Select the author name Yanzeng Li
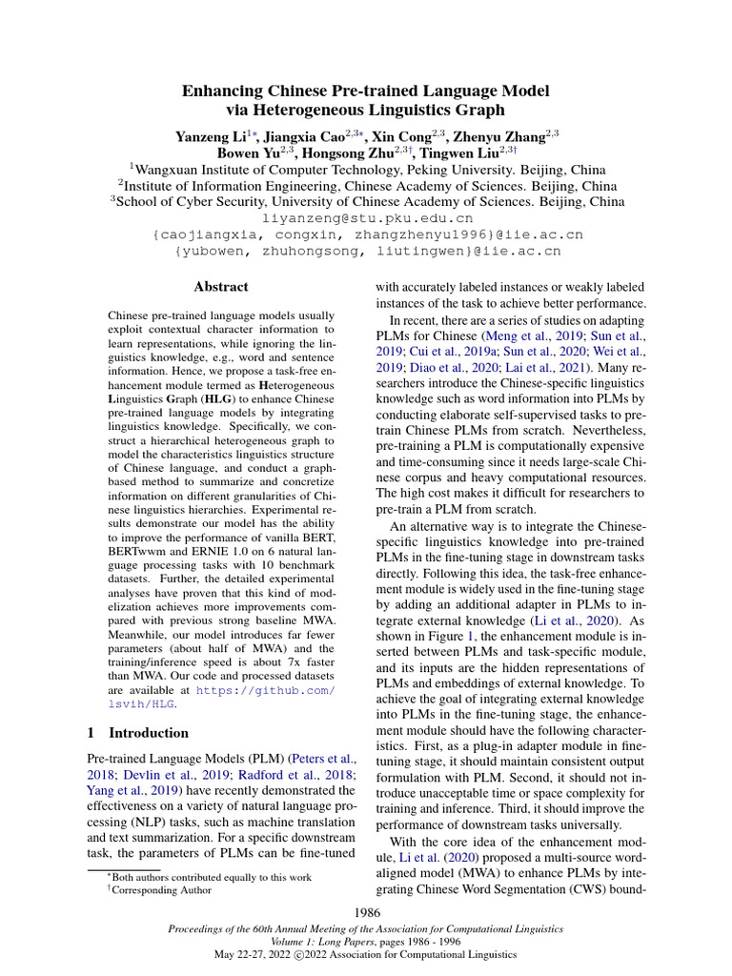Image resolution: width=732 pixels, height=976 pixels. click(x=207, y=137)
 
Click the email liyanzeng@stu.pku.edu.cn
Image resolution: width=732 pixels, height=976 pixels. click(x=367, y=217)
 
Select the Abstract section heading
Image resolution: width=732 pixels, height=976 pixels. click(x=221, y=286)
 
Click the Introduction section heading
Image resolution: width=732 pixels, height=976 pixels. click(x=149, y=733)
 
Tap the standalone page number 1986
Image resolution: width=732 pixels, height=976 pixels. click(x=366, y=913)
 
